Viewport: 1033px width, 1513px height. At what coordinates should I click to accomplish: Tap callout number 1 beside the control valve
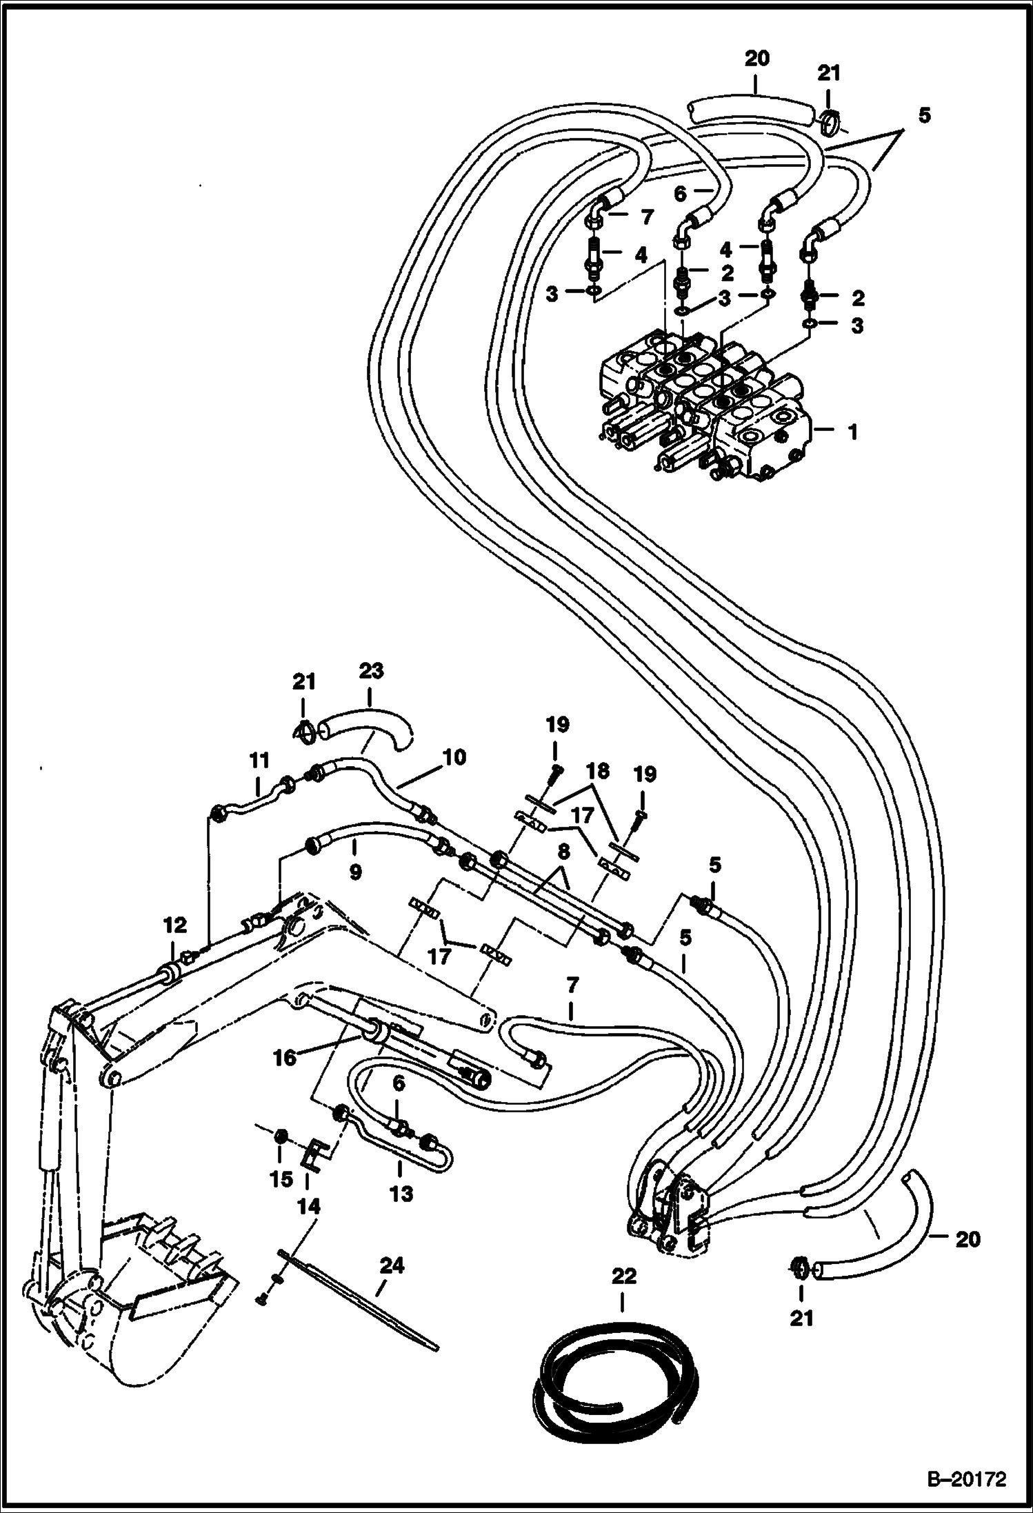(x=853, y=432)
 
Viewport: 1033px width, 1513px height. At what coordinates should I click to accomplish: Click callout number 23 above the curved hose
(x=370, y=671)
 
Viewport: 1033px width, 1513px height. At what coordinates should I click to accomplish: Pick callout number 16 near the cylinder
(x=285, y=1056)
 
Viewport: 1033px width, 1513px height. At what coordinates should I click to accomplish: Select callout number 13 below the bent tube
(x=401, y=1193)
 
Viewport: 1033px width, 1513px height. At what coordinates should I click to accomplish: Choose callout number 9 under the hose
(x=355, y=872)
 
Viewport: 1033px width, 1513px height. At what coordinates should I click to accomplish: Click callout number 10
(x=455, y=757)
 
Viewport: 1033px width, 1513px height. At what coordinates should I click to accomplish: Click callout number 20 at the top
(x=756, y=59)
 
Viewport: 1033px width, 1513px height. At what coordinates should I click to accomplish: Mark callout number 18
(x=598, y=771)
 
